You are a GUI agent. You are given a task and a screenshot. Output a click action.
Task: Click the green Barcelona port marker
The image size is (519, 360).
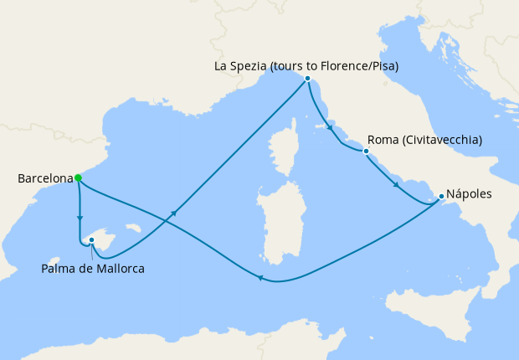click(x=78, y=177)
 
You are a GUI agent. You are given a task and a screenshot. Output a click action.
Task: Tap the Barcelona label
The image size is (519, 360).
click(x=44, y=178)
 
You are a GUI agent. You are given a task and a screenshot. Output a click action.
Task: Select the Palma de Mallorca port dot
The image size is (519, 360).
click(x=91, y=240)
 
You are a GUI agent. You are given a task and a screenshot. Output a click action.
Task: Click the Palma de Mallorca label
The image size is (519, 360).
click(x=93, y=269)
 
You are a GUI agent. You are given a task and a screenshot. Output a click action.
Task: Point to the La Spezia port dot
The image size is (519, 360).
click(x=308, y=79)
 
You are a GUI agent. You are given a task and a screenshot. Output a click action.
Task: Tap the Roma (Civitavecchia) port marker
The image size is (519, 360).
click(x=366, y=152)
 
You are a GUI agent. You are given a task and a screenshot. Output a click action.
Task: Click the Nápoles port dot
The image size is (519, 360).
click(x=441, y=197)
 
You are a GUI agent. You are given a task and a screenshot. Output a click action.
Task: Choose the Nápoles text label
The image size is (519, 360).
click(x=470, y=193)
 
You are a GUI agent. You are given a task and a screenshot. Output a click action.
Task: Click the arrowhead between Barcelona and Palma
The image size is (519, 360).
click(x=80, y=219)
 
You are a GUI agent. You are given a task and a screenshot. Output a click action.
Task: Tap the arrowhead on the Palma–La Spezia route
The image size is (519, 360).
click(x=175, y=214)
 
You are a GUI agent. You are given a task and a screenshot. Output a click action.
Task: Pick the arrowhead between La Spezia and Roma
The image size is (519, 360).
click(x=331, y=130)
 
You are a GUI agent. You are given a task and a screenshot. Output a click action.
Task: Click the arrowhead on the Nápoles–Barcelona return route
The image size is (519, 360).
click(x=260, y=280)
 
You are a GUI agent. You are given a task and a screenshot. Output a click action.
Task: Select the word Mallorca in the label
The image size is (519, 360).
click(x=119, y=269)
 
